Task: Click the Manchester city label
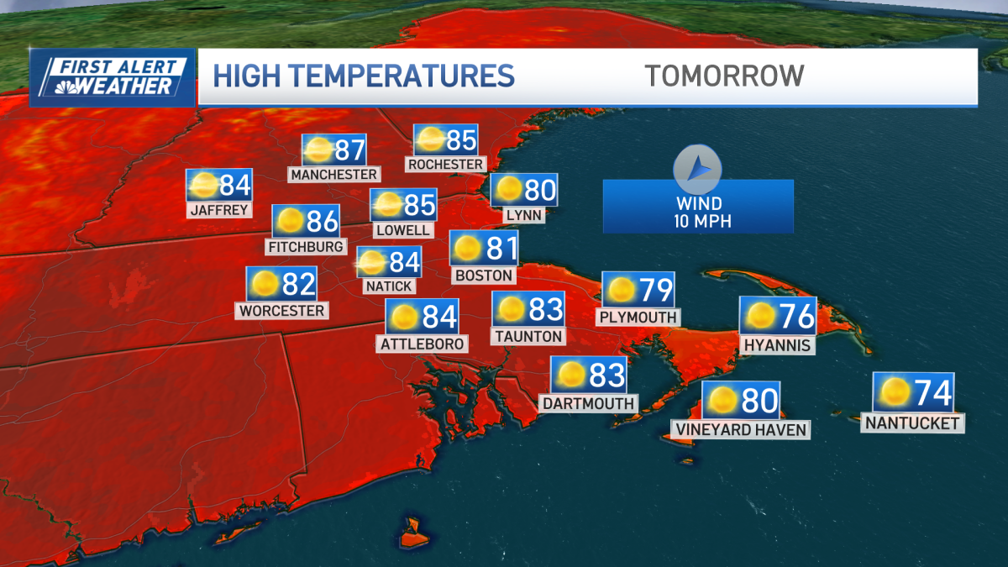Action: [x=334, y=175]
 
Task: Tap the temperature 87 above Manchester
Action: [x=349, y=150]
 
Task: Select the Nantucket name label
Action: [x=912, y=423]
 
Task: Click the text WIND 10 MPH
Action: [x=698, y=213]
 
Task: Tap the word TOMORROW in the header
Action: [x=724, y=76]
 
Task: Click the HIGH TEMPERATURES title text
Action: [x=363, y=76]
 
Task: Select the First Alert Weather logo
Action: [x=113, y=76]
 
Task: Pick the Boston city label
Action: [x=482, y=275]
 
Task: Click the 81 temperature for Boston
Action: [x=501, y=249]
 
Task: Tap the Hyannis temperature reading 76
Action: [x=795, y=316]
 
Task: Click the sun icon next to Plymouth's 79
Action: [x=622, y=290]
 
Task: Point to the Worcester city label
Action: [x=281, y=311]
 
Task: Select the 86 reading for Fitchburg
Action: [x=322, y=222]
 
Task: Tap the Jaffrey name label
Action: [x=220, y=210]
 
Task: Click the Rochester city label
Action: [x=445, y=165]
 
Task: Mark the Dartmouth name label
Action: [x=588, y=403]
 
